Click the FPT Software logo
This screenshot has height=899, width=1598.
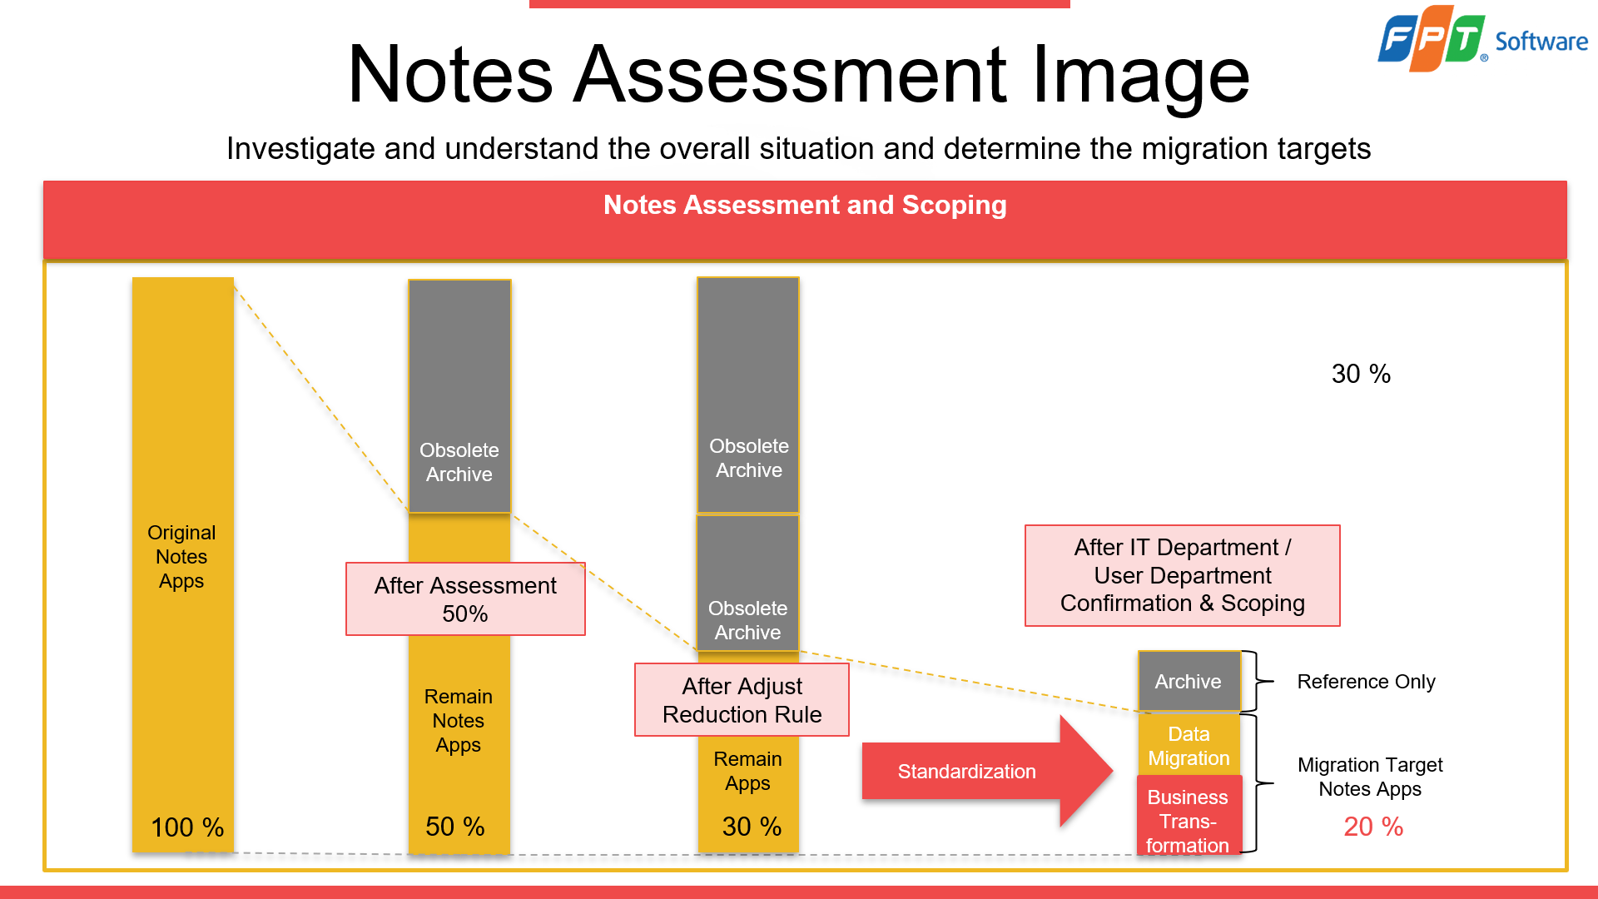pos(1481,38)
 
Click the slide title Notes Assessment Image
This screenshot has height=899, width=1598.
pos(798,75)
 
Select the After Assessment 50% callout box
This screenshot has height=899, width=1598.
pos(465,599)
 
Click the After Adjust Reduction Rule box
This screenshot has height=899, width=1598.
pos(742,700)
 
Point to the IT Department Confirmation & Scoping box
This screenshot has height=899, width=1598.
pos(1182,575)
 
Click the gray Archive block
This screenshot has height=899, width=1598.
pos(1189,682)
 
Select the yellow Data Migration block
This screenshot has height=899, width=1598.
pos(1189,746)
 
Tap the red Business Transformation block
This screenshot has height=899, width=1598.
pos(1188,820)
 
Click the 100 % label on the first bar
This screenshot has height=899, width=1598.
pos(187,827)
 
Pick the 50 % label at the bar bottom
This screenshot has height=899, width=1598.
pos(455,827)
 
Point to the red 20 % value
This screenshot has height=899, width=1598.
pos(1373,827)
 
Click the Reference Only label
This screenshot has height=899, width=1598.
pos(1366,682)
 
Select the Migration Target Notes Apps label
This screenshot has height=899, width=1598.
pos(1370,777)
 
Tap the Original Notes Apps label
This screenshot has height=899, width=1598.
pos(181,557)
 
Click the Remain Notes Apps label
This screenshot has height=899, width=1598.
pos(459,721)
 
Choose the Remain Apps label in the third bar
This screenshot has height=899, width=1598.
pos(747,771)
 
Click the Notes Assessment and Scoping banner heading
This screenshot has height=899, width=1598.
pos(805,205)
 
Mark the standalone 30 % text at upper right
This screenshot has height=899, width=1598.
pos(1361,374)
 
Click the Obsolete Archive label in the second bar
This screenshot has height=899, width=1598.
pos(459,462)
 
